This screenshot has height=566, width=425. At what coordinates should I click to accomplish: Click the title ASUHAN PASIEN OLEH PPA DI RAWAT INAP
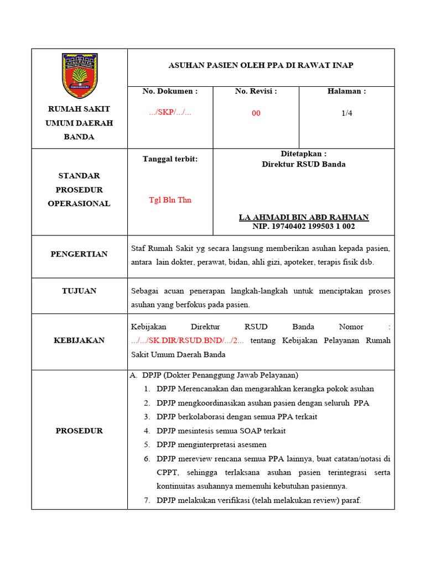click(x=261, y=65)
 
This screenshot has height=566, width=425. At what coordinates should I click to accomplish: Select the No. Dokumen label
click(x=170, y=91)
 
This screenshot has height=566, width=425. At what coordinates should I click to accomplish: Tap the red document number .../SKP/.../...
click(x=170, y=112)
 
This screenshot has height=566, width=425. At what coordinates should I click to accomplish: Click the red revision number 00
click(x=256, y=113)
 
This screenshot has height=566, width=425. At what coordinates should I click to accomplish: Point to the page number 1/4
click(x=346, y=113)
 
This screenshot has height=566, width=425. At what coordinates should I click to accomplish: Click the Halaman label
click(x=346, y=91)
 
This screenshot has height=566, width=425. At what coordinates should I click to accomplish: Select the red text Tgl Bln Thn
click(x=170, y=200)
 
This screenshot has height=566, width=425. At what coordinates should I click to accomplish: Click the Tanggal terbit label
click(x=170, y=159)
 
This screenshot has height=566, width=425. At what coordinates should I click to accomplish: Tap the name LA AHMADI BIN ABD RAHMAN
click(x=303, y=217)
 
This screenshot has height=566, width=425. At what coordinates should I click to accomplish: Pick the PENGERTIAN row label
click(x=79, y=254)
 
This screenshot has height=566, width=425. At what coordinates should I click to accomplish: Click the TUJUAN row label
click(x=79, y=291)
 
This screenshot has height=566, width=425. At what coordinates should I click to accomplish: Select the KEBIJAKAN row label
click(x=79, y=340)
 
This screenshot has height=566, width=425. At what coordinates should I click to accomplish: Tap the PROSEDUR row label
click(x=79, y=431)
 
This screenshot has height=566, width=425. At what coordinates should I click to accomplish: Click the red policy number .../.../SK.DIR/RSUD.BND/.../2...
click(x=187, y=340)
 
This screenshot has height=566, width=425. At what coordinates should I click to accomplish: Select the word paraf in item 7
click(x=351, y=500)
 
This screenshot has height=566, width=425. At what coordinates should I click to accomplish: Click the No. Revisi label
click(x=256, y=91)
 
